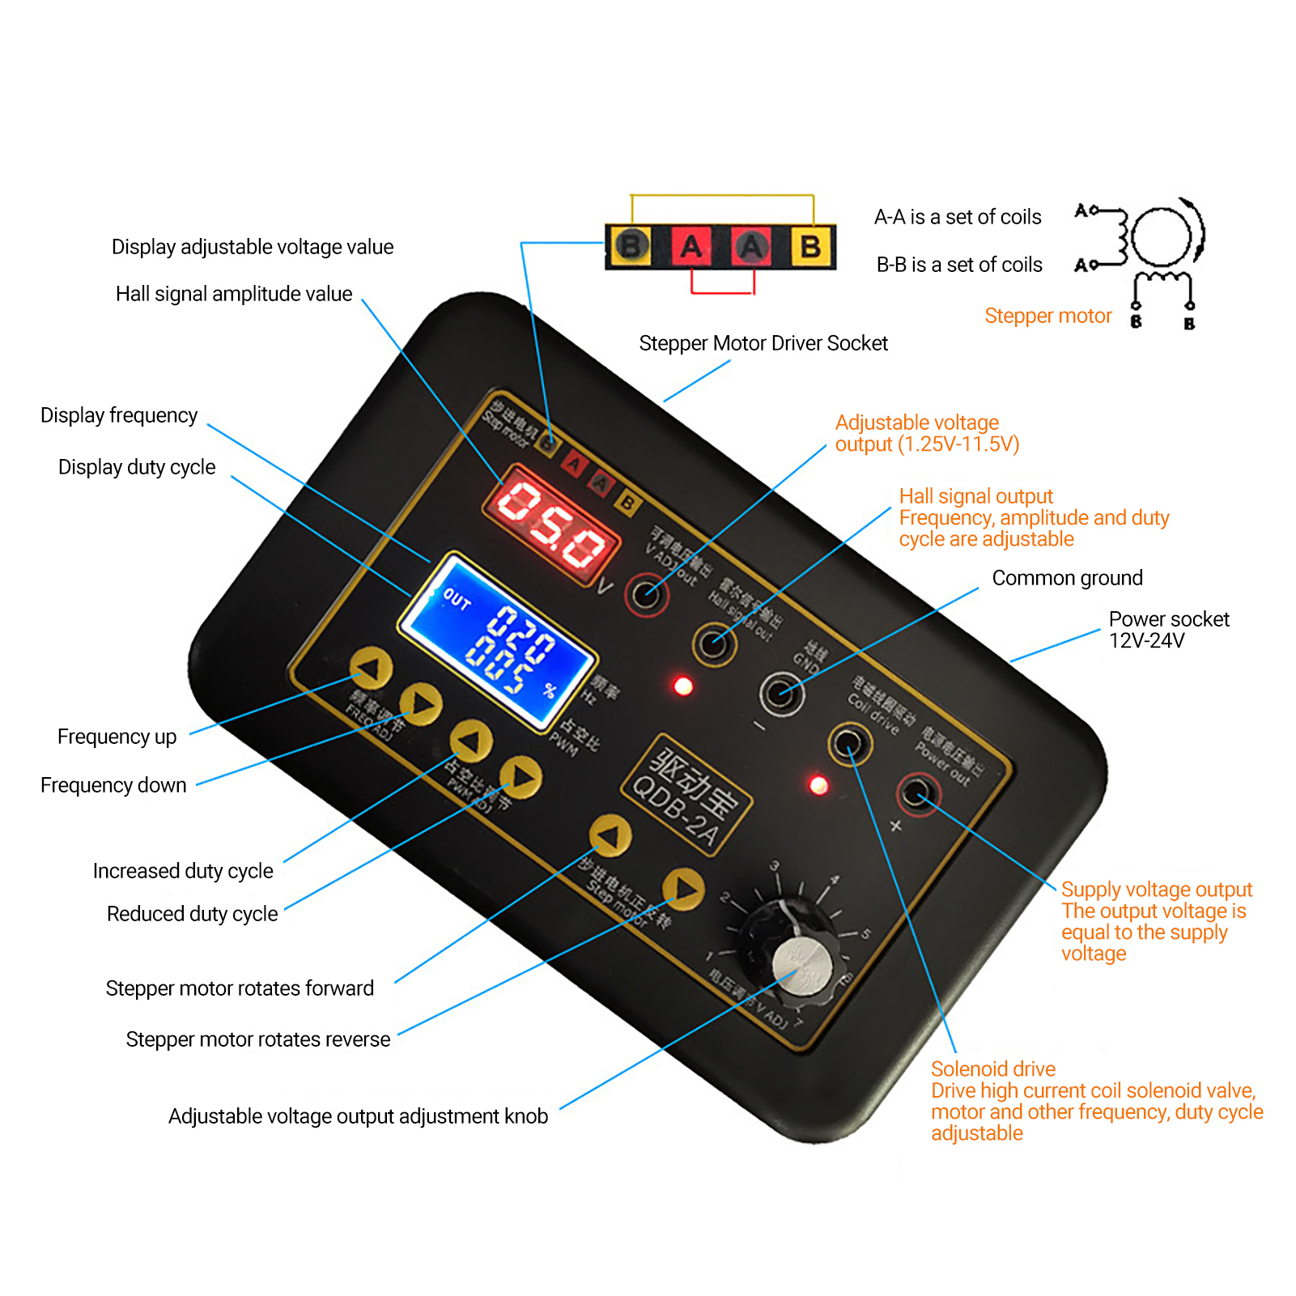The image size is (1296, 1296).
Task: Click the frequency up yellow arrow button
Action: [371, 669]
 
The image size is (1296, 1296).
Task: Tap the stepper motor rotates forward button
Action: [610, 835]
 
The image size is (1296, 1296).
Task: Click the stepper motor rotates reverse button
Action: [684, 889]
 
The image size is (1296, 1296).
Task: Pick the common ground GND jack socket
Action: [781, 693]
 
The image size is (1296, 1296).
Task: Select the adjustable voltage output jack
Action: [646, 594]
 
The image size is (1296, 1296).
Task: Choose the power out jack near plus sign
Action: [918, 792]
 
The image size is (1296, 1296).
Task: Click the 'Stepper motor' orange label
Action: [1047, 316]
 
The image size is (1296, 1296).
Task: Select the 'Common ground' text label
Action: [1067, 578]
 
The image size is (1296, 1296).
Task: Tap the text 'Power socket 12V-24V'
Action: [1167, 630]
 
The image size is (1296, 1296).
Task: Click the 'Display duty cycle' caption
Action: [137, 467]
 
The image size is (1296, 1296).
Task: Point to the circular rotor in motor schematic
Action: [1161, 238]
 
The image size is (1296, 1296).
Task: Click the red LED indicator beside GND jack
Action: [683, 686]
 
